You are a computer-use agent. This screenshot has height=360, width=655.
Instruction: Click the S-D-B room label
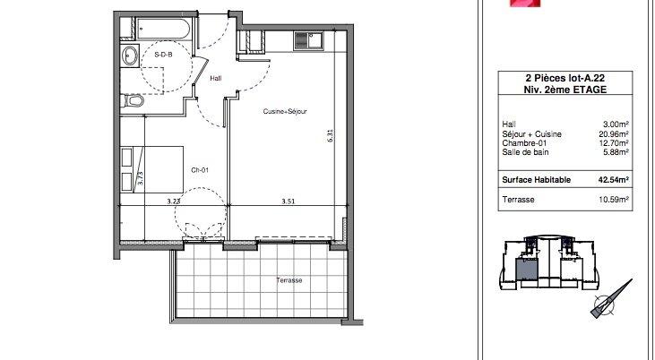point(163,55)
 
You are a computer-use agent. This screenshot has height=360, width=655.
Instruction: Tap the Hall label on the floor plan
point(216,78)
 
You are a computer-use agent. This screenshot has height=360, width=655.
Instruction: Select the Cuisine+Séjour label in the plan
point(285,111)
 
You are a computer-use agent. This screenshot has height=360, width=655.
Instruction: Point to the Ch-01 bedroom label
point(200,170)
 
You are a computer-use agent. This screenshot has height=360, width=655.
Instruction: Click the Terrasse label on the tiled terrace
point(289,280)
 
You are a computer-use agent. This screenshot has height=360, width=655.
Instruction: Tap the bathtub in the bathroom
point(163,29)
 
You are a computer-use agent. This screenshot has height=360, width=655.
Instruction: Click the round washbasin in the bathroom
point(130,55)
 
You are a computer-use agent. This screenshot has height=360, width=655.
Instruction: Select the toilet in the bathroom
point(133,100)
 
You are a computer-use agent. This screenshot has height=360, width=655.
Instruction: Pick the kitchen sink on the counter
point(308,41)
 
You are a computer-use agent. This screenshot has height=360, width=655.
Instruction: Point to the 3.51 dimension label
point(289,201)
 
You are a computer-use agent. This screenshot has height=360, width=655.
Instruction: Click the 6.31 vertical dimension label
point(330,136)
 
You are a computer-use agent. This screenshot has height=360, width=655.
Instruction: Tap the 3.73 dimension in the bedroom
point(141,178)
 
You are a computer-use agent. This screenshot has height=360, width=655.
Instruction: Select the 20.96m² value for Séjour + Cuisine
point(614,134)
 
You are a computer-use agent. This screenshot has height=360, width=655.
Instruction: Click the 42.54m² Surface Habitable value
point(614,180)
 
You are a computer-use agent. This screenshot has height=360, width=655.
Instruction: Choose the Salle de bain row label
point(525,152)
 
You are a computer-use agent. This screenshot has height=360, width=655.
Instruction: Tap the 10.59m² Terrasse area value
point(614,200)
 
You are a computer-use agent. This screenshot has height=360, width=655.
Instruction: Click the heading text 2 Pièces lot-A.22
point(565,78)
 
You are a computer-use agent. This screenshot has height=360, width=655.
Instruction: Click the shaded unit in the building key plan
point(524,270)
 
